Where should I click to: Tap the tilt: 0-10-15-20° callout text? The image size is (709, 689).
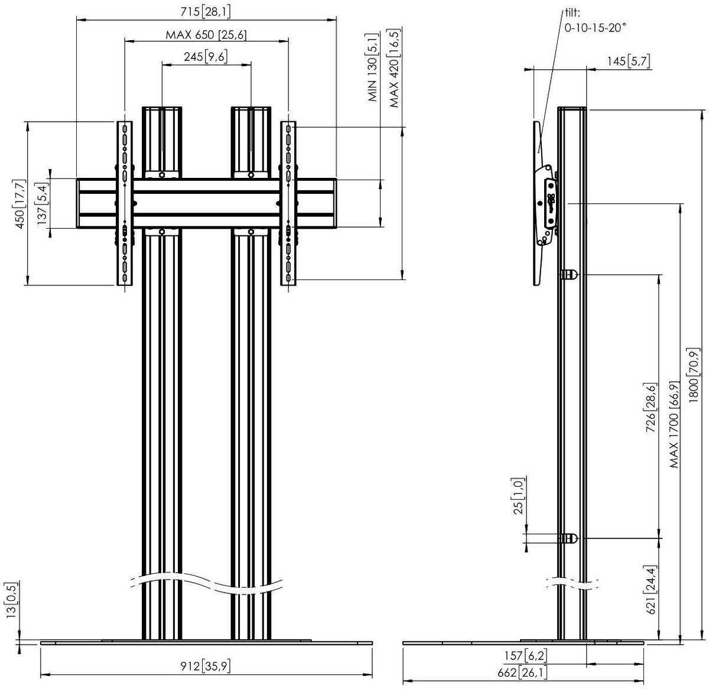coord(596,21)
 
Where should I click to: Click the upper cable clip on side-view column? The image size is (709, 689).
coord(569,274)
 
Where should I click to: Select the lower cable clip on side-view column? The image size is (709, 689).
coord(569,538)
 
